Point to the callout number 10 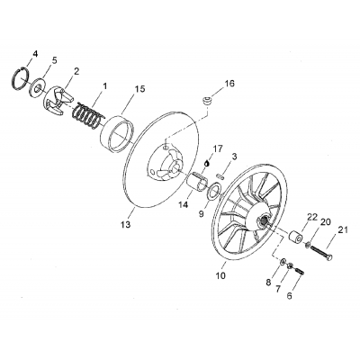(220, 277)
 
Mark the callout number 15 (139, 88)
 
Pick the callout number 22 (287, 242)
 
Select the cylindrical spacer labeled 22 (293, 243)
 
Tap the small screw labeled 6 (295, 272)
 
